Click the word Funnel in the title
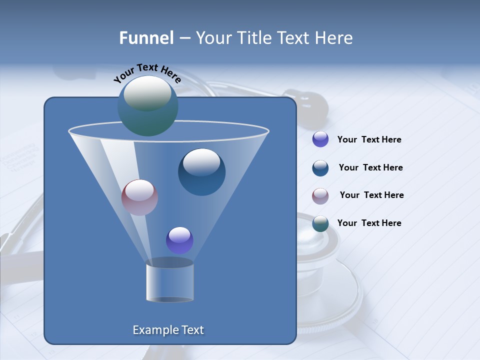146,38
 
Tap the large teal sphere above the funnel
147,105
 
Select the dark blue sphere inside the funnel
201,172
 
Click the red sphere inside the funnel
139,197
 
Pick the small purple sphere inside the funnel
179,240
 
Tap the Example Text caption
168,330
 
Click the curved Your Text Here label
147,73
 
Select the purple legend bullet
320,139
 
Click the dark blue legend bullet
320,168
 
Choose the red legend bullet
320,195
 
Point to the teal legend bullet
320,223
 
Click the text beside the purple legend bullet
369,140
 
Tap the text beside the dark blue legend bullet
370,168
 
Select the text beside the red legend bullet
371,195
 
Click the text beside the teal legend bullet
369,223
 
